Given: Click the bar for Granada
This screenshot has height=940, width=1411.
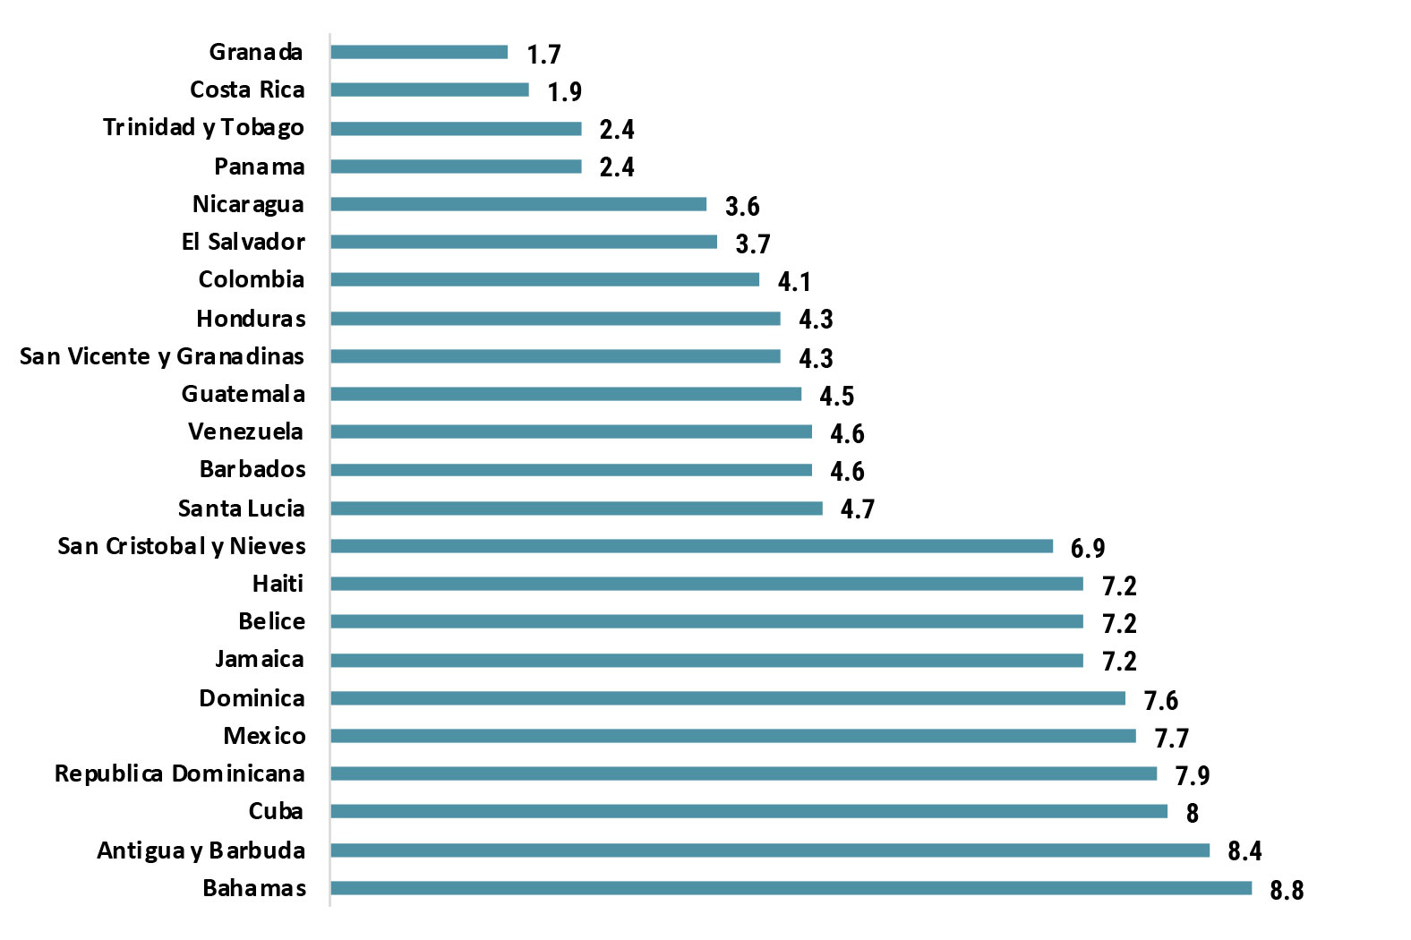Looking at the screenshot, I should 419,52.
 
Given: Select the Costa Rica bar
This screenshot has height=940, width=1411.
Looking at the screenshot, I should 430,90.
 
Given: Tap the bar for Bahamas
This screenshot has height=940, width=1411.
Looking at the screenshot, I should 791,888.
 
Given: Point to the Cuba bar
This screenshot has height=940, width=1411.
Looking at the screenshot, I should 748,811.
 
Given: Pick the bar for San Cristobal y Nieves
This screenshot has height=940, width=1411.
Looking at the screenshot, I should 691,546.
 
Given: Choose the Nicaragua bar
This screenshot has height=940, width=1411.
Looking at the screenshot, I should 518,204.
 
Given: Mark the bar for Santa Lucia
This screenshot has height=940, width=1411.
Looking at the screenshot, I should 577,508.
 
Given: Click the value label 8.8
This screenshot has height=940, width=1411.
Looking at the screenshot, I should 1287,890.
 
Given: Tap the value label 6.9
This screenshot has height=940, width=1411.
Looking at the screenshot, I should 1088,548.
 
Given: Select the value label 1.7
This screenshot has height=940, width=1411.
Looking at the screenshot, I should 543,55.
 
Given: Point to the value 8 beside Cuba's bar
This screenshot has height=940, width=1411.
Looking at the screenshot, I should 1192,813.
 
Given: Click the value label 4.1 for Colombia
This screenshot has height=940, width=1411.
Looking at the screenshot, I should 794,282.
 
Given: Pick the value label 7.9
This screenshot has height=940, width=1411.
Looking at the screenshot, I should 1192,775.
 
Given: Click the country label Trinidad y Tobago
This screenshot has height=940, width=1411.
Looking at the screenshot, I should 203,128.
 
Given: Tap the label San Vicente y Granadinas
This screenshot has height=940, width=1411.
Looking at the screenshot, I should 162,356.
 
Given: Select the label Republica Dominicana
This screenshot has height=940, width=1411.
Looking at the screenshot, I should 179,773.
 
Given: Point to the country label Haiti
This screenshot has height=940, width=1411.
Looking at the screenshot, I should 278,584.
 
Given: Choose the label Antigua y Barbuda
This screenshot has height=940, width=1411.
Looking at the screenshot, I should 201,850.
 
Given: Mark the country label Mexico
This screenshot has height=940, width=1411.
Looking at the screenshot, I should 264,736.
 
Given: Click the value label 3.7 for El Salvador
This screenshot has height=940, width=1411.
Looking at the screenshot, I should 752,244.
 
